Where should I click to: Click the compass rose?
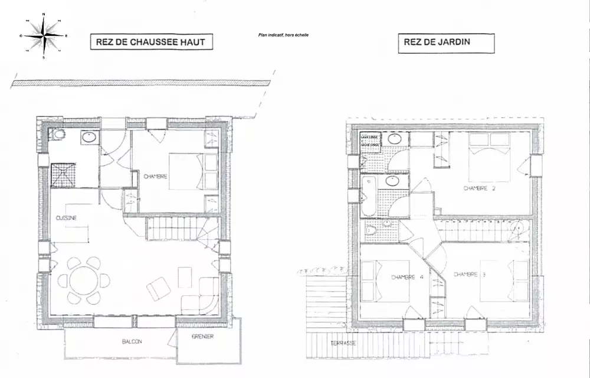tap(44, 35)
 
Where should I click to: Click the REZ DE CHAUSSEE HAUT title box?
tap(150, 42)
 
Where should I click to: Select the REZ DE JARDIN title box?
tap(446, 43)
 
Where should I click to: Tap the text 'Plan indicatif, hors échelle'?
tap(283, 35)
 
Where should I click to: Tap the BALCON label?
tap(132, 341)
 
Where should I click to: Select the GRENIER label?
tap(202, 337)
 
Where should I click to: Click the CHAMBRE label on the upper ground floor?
tap(156, 176)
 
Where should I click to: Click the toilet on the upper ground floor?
tap(58, 135)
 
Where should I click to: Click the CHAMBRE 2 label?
tap(479, 189)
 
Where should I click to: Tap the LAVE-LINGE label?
tap(371, 137)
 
